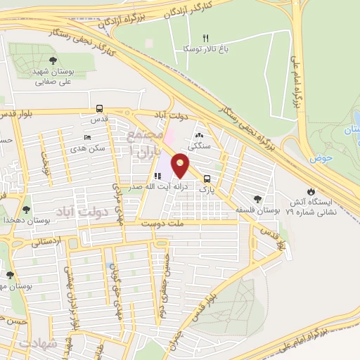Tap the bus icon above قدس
99,109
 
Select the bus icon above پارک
207,179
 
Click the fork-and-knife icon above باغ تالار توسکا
206,38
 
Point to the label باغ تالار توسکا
186,50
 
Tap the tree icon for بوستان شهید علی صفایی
54,59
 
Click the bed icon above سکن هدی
86,136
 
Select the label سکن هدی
88,149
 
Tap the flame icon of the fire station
311,191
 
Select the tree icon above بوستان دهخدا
26,209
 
